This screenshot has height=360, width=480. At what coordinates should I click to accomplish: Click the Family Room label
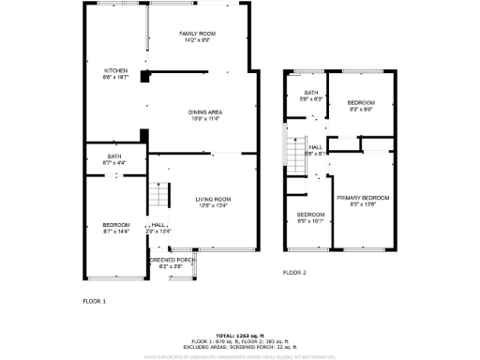(x=198, y=34)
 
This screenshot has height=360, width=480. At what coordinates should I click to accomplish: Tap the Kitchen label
(x=116, y=70)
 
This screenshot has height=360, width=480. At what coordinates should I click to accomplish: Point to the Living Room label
(x=213, y=199)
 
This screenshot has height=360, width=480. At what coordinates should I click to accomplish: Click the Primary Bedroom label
(x=363, y=198)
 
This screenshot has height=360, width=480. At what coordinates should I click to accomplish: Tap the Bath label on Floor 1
(x=114, y=157)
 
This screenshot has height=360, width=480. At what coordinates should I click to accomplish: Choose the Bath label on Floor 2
(x=310, y=93)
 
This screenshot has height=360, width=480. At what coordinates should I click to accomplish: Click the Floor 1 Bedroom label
(x=116, y=224)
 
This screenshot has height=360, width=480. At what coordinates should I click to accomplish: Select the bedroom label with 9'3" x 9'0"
(x=361, y=102)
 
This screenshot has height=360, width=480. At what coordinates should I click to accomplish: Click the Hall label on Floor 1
(x=159, y=225)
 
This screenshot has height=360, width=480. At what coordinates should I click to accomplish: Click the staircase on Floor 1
(x=158, y=197)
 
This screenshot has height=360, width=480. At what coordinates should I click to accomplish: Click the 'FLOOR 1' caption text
(x=95, y=301)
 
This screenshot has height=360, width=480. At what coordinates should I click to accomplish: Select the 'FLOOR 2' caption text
(x=295, y=272)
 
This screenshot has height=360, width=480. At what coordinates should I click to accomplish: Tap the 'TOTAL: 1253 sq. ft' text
(x=239, y=335)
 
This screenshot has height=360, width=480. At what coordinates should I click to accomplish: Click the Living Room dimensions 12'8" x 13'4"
(x=213, y=205)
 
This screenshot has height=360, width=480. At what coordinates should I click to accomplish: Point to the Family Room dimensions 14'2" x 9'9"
(x=198, y=40)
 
